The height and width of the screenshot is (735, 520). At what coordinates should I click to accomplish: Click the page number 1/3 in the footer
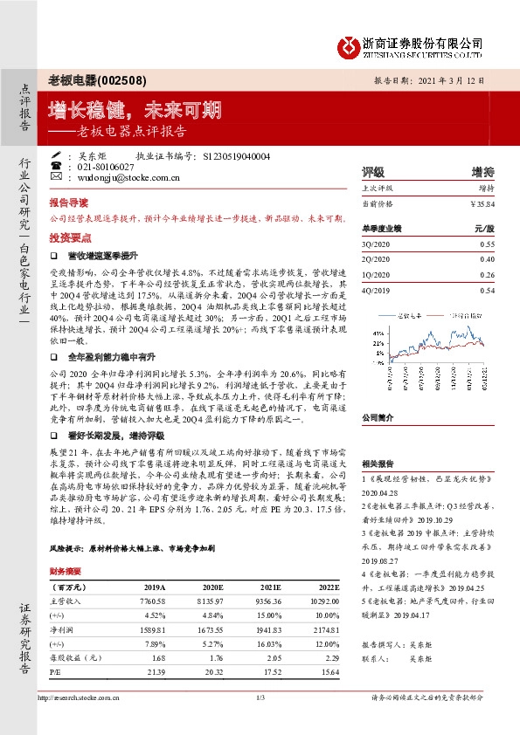tap(260, 697)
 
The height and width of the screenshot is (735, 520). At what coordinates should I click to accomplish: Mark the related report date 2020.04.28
tap(379, 492)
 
